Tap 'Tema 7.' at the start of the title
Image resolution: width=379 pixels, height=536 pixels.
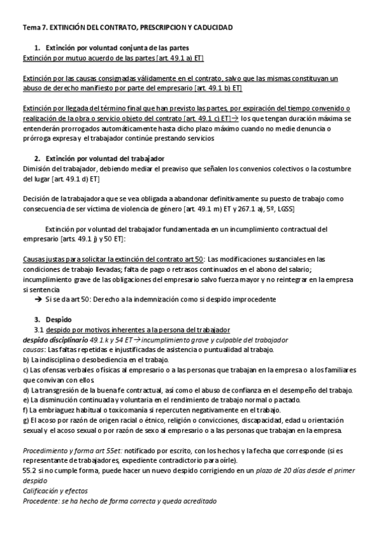click(35, 28)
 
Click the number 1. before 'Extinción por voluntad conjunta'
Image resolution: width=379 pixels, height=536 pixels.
click(37, 48)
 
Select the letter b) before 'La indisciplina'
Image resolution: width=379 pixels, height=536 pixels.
click(26, 360)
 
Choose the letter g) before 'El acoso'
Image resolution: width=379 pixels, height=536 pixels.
click(26, 420)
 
